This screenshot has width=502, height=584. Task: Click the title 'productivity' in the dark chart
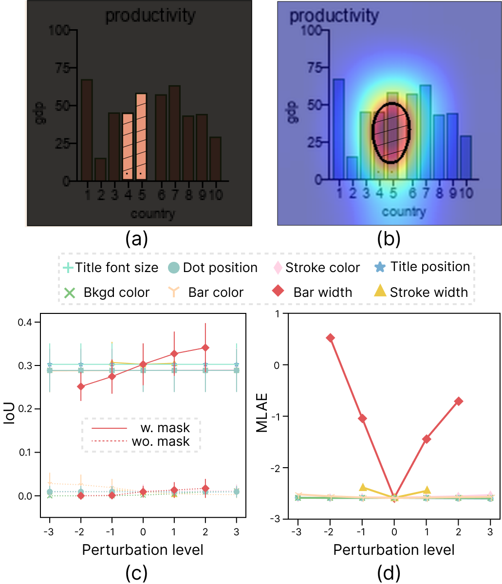pos(150,16)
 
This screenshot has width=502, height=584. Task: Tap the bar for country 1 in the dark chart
pos(87,130)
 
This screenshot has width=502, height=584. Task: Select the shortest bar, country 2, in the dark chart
pos(100,169)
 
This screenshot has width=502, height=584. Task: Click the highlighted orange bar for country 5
pos(141,137)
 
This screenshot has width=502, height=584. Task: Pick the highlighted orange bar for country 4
pos(128,146)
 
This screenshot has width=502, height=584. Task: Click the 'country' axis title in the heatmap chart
pos(404,212)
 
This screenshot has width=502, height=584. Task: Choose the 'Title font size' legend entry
pos(111,268)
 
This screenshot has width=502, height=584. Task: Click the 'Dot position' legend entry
pos(213,268)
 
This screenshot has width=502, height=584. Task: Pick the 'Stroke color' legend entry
pos(317,268)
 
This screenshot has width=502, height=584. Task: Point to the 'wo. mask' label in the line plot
pos(161,441)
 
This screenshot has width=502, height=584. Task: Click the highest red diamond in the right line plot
pos(331,338)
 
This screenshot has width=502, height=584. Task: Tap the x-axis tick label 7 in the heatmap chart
pos(425,193)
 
